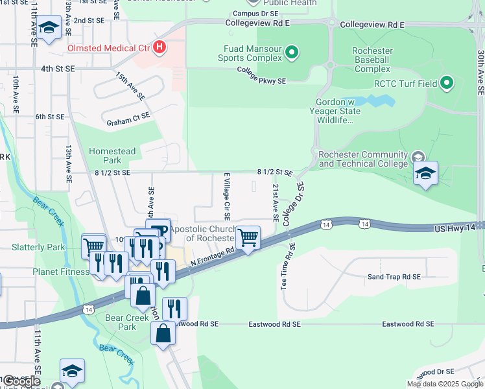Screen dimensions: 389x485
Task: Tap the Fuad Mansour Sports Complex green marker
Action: click(x=292, y=53)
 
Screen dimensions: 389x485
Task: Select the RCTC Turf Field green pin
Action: click(x=446, y=82)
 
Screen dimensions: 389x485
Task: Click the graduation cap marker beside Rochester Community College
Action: click(x=425, y=174)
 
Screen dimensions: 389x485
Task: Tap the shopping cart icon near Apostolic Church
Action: click(x=248, y=238)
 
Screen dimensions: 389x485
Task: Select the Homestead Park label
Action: click(x=112, y=156)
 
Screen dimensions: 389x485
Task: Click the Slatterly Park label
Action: click(x=38, y=247)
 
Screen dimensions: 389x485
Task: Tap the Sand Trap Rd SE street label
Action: click(x=394, y=277)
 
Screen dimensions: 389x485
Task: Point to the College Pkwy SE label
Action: click(x=261, y=76)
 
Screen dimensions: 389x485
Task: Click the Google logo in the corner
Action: click(x=21, y=381)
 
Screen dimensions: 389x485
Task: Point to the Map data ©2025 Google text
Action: click(x=444, y=384)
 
